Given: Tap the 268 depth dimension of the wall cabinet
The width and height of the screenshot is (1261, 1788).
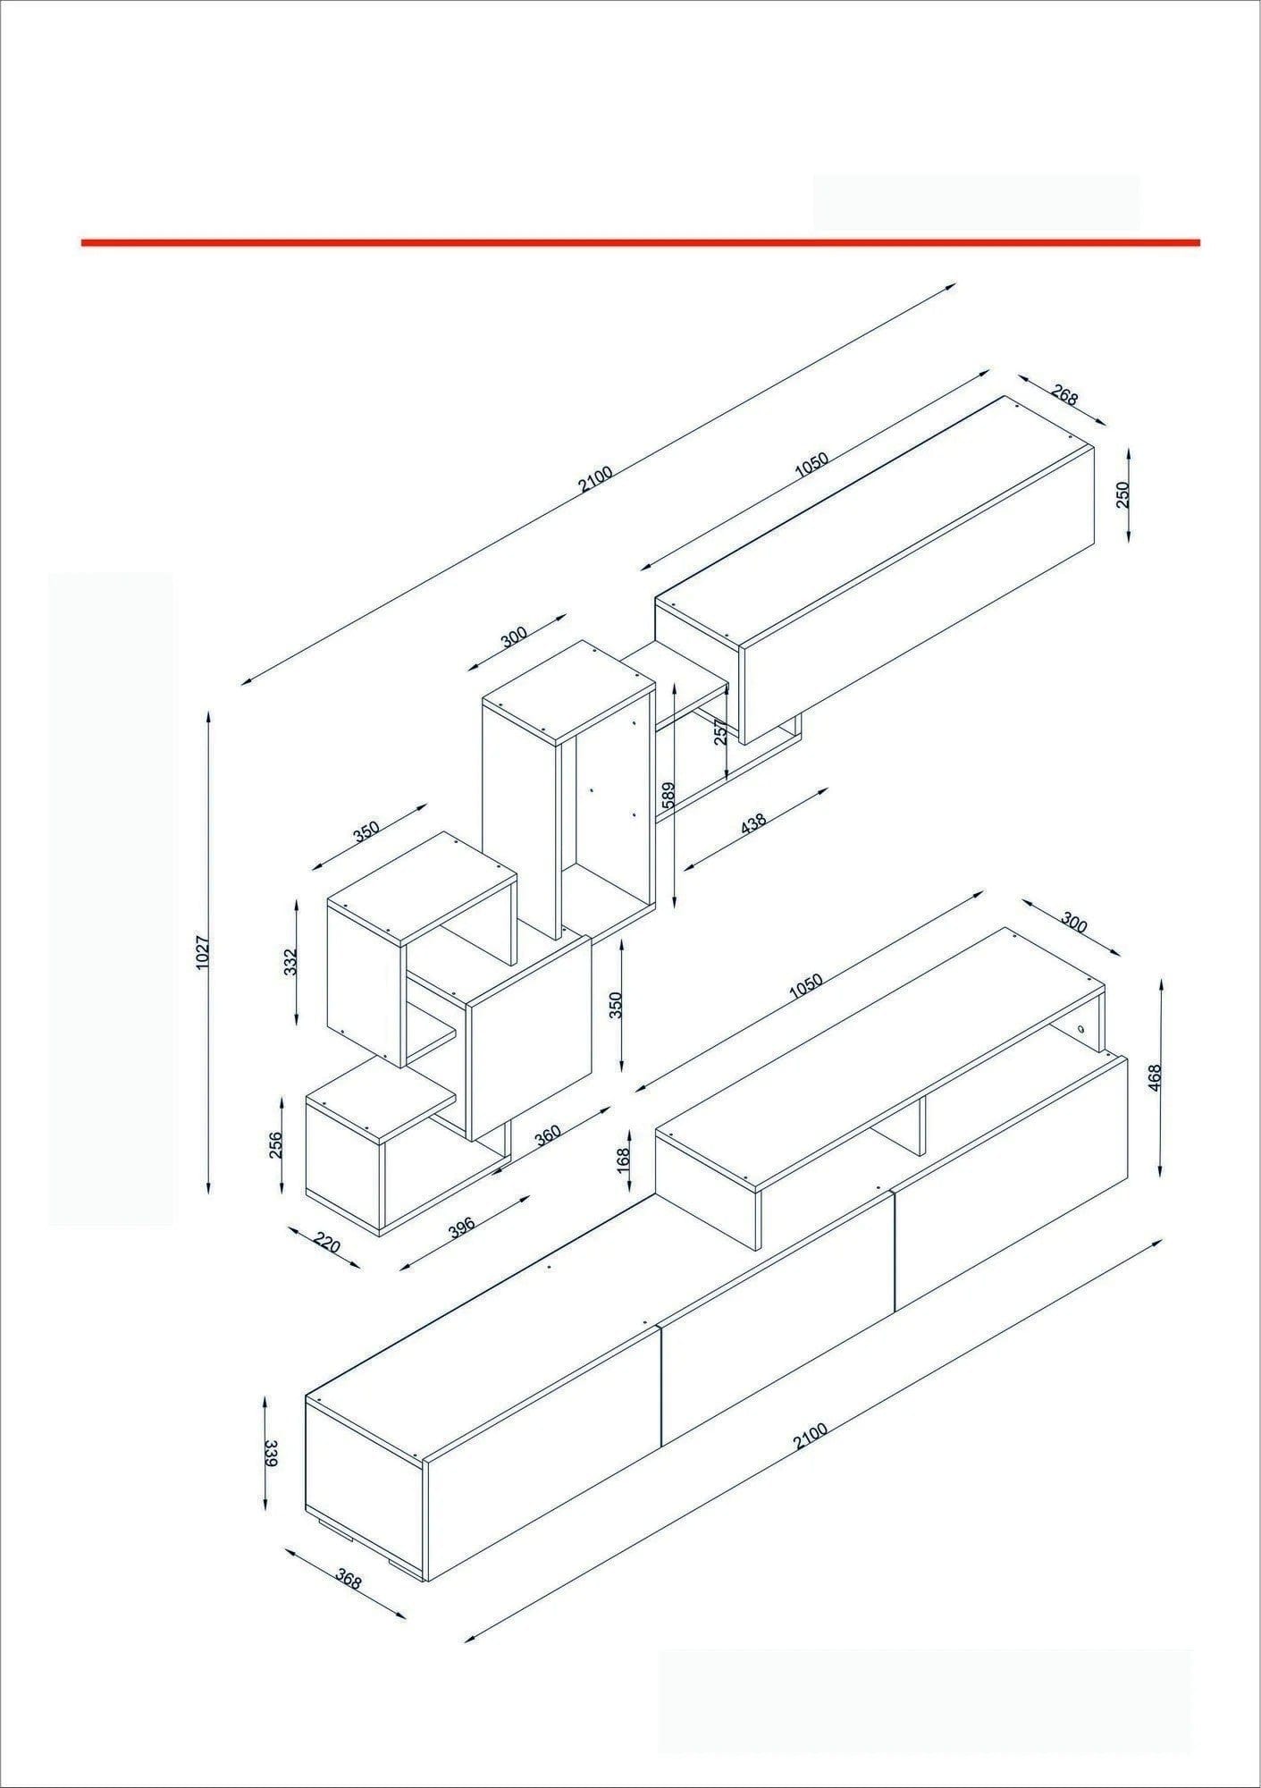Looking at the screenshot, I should tap(1064, 394).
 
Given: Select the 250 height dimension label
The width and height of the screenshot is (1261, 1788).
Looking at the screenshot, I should tap(1123, 494).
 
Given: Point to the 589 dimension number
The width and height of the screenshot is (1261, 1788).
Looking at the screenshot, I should tap(668, 795).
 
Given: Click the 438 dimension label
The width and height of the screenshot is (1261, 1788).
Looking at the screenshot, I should tap(754, 824).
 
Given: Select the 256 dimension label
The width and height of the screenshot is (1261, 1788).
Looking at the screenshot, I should tap(275, 1145).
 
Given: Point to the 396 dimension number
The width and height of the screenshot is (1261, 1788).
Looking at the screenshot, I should tap(461, 1227).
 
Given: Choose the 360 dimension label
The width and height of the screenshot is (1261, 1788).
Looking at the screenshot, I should tap(547, 1133).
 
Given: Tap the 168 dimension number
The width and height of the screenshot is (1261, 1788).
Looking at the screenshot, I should tap(624, 1159).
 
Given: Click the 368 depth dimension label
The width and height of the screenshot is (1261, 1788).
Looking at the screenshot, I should tap(349, 1581).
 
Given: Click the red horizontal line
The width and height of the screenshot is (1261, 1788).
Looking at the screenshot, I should tap(640, 241).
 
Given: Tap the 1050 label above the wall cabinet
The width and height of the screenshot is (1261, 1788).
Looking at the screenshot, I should tap(811, 465).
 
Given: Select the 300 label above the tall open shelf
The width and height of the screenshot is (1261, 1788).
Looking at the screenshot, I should tap(514, 637).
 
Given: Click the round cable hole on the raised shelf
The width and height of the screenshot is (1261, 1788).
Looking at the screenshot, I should tap(1081, 1029).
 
